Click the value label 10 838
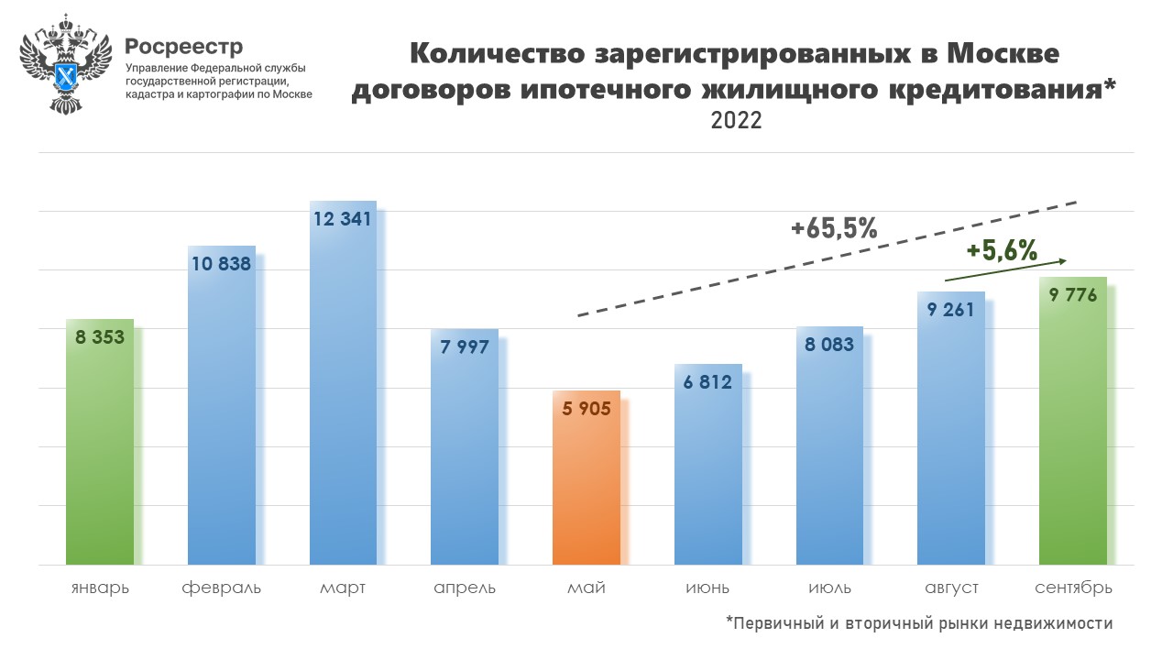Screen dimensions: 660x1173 pyautogui.click(x=222, y=264)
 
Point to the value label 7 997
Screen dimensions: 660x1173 pyautogui.click(x=465, y=346)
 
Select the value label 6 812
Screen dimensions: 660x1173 pyautogui.click(x=707, y=381)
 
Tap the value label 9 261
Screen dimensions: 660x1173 pyautogui.click(x=951, y=309)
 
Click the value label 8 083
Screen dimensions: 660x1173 pyautogui.click(x=829, y=345)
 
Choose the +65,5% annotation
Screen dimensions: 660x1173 pyautogui.click(x=834, y=228)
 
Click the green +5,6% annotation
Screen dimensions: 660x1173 pyautogui.click(x=1001, y=250)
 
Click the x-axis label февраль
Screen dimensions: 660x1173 pyautogui.click(x=222, y=588)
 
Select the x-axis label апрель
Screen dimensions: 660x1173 pyautogui.click(x=465, y=588)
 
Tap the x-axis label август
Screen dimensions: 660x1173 pyautogui.click(x=951, y=588)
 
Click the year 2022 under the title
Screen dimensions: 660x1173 pyautogui.click(x=736, y=120)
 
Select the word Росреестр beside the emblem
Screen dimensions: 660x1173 pyautogui.click(x=184, y=46)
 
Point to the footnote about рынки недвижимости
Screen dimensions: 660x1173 pyautogui.click(x=919, y=623)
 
